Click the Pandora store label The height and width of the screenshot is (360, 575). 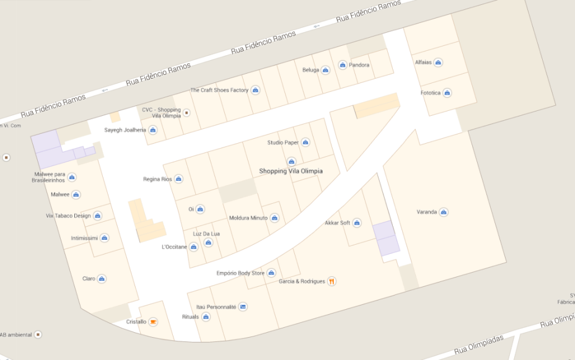(359, 65)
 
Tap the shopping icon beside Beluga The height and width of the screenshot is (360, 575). (325, 70)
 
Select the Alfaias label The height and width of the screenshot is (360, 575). (423, 62)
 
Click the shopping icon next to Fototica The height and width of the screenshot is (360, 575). (447, 93)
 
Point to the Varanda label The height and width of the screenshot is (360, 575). (427, 212)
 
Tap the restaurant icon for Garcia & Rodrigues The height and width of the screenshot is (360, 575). (331, 281)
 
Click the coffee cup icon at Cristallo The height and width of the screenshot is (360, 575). (153, 322)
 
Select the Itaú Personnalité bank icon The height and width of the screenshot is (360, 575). (243, 307)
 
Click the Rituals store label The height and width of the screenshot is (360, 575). (190, 317)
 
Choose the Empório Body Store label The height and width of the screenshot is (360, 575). (240, 273)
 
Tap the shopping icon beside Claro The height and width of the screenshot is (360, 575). (102, 279)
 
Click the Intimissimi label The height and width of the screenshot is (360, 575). (84, 238)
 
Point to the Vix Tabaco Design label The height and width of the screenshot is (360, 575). (68, 216)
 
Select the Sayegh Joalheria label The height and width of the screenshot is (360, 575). (125, 130)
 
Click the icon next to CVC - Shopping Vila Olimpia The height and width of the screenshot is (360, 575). (187, 113)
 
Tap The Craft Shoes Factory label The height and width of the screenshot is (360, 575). (219, 90)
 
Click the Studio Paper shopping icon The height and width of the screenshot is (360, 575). (305, 143)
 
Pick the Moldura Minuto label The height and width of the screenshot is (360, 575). (248, 218)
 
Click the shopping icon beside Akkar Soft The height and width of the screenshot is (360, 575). (357, 223)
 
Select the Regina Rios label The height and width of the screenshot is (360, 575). (157, 179)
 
